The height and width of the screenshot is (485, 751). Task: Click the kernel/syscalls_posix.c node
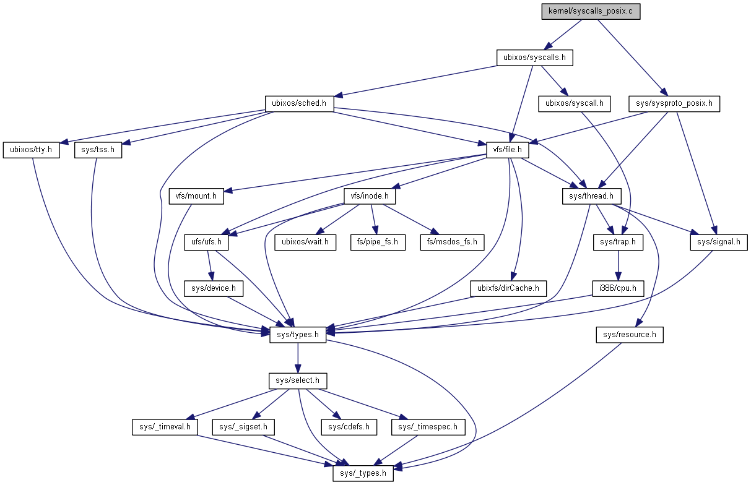point(590,12)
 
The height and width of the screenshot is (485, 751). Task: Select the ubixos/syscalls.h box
point(534,58)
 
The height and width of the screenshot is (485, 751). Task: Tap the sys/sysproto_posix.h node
point(674,103)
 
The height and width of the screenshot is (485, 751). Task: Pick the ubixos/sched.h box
point(299,103)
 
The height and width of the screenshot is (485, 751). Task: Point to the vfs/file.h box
point(508,150)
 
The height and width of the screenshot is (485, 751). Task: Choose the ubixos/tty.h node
point(32,150)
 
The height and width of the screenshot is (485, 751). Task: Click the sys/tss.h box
point(98,150)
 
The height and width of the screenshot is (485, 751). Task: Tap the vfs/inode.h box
point(370,196)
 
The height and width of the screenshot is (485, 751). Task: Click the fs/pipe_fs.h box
point(378,242)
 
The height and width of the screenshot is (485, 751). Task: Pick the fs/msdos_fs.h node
point(452,242)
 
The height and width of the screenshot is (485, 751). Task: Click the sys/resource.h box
point(630,335)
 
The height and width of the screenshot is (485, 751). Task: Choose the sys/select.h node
point(298,380)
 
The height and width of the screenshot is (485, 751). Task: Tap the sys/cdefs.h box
point(349,427)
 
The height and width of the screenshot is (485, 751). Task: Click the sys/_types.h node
point(363,473)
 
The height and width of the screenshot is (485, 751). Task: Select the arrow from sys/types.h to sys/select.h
point(298,358)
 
